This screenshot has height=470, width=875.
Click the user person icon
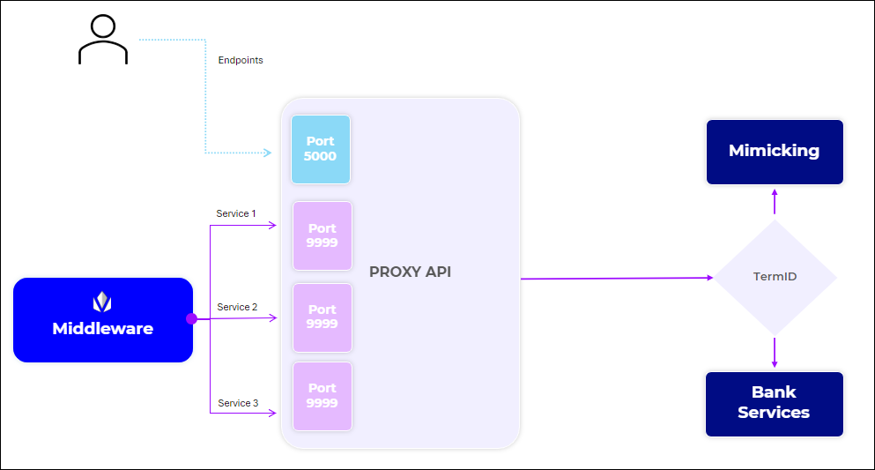[103, 40]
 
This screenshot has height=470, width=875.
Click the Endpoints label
[241, 61]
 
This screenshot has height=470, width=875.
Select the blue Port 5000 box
[321, 149]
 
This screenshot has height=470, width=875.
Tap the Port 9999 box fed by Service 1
[323, 235]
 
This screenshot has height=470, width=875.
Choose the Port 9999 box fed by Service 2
[323, 317]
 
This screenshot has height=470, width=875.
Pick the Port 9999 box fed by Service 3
[323, 396]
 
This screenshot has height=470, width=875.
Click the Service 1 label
[236, 213]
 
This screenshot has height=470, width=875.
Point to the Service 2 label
[237, 307]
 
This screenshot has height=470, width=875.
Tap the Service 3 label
[238, 403]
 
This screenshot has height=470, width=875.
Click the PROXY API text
[410, 272]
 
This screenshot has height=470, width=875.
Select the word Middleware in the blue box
[102, 329]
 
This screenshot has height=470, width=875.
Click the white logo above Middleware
[103, 302]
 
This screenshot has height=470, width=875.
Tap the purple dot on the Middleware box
[191, 318]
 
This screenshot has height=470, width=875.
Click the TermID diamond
[775, 277]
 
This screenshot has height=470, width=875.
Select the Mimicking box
[775, 152]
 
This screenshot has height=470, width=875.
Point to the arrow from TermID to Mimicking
[775, 202]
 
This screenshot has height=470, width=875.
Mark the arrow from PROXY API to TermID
[617, 278]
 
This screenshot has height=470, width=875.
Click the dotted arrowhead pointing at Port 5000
[268, 153]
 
